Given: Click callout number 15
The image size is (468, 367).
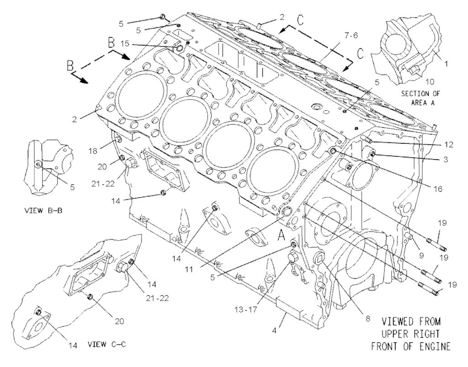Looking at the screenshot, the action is (125, 43).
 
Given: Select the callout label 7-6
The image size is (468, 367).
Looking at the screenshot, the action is (351, 35).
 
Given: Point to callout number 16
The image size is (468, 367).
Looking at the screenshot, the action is (437, 189).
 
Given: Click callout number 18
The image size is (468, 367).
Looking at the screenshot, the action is (93, 151).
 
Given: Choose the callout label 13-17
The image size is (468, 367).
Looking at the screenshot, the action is (245, 310).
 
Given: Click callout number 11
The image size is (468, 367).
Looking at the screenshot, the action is (188, 270).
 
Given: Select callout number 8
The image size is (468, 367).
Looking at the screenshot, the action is (368, 319).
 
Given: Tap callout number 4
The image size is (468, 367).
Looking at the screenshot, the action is (274, 330).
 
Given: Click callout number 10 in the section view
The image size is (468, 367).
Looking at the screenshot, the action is (430, 81).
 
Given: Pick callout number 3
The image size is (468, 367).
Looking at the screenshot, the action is (445, 159).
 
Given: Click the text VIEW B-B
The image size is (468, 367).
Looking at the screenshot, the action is (43, 210).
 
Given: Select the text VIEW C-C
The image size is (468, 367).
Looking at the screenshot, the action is (106, 344).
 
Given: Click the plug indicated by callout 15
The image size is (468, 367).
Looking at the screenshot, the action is (179, 49).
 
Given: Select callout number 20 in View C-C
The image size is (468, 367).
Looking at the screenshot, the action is (119, 321).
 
